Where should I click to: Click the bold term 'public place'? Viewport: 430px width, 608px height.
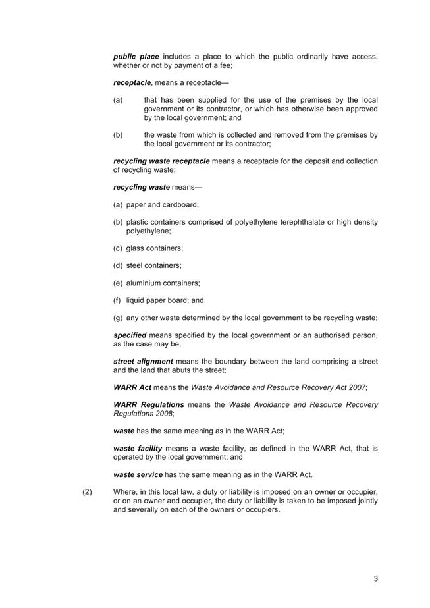136,57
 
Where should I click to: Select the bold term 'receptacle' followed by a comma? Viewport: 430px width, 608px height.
132,83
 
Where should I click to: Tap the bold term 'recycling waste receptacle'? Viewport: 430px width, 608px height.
161,161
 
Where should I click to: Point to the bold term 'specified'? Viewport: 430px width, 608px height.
129,335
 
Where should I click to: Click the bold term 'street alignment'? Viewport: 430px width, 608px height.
143,362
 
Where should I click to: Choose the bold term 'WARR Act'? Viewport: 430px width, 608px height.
132,387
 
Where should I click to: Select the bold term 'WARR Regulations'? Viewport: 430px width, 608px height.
148,404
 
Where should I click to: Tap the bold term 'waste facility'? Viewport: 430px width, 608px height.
138,448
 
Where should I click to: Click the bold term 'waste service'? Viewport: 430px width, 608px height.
138,474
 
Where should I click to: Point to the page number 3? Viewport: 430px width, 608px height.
375,579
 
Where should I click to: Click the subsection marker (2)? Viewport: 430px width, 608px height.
88,492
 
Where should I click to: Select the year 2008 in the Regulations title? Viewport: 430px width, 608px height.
163,413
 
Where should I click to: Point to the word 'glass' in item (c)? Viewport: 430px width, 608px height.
136,248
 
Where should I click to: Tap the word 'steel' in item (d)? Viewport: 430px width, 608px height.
136,265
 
